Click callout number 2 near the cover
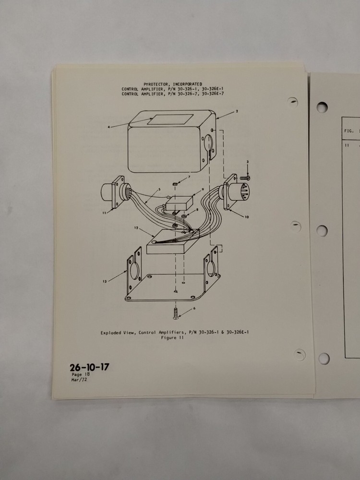[237, 111]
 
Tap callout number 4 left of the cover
[109, 127]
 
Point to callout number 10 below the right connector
[247, 217]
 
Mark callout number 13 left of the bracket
[104, 282]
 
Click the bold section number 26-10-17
[89, 368]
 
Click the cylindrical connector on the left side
[111, 195]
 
